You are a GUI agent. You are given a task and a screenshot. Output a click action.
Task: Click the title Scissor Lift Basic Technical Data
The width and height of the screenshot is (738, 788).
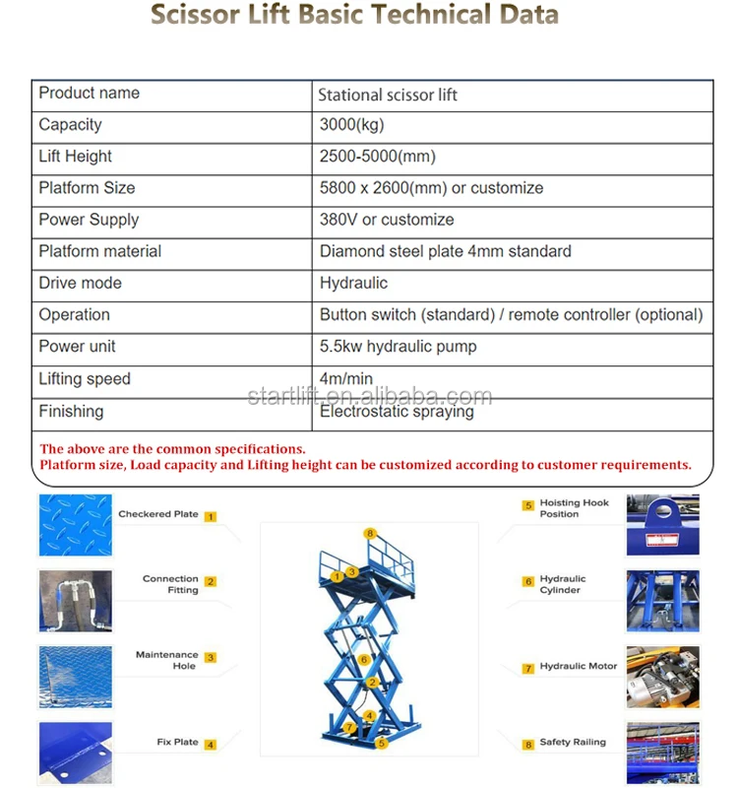[354, 16]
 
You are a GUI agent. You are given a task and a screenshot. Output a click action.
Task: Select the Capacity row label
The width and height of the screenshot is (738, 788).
[70, 125]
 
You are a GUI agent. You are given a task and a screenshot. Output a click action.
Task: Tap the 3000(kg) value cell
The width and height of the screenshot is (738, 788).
[351, 125]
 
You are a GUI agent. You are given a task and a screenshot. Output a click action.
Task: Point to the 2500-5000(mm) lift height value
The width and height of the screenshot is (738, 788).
[377, 157]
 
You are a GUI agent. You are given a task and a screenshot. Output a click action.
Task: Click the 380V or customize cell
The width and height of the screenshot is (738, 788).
[387, 220]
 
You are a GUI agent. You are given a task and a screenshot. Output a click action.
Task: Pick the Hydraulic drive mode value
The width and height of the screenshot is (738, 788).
[353, 283]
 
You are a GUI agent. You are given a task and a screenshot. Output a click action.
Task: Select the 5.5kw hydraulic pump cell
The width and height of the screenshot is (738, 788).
[398, 347]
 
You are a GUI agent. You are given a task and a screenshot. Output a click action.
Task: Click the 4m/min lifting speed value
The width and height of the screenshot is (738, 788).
[346, 378]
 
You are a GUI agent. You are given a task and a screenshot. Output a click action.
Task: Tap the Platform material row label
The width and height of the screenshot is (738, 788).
[99, 251]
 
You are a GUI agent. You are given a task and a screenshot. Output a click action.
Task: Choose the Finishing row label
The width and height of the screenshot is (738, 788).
[71, 411]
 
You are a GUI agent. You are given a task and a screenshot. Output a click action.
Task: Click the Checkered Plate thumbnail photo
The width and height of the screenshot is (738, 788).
[75, 525]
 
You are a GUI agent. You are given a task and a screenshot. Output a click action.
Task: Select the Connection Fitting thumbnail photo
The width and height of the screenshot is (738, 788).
[75, 600]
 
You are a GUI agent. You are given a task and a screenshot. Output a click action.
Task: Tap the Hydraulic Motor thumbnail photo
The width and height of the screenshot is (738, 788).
[662, 677]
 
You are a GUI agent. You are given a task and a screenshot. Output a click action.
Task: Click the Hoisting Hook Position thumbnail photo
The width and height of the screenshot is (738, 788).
[662, 525]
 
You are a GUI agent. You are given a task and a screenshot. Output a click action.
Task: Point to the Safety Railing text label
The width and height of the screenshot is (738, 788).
[573, 743]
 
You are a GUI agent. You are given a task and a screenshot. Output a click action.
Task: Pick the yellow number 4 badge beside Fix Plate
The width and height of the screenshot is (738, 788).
[210, 744]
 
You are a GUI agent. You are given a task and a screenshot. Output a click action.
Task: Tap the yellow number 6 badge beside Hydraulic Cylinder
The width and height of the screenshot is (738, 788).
[528, 582]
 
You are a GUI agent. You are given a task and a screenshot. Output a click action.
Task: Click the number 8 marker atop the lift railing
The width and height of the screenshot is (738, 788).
[370, 533]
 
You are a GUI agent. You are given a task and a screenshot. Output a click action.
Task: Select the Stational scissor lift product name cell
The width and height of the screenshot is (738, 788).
[388, 96]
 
